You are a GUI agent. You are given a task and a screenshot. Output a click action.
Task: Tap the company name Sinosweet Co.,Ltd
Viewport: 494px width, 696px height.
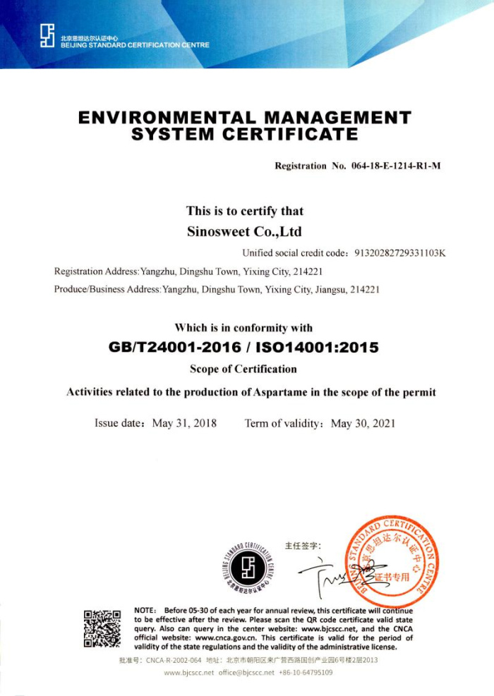click(x=244, y=231)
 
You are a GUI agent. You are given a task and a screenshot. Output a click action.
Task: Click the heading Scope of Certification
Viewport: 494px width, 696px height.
click(x=243, y=369)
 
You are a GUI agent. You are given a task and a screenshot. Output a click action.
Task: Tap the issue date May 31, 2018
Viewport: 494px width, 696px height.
click(x=184, y=424)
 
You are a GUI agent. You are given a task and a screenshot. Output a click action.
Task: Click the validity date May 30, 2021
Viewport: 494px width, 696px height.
click(x=363, y=424)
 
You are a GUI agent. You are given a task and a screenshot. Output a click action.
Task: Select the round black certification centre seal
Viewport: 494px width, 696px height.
click(x=248, y=566)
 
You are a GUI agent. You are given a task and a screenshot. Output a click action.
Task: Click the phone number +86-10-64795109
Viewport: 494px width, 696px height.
click(x=306, y=673)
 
